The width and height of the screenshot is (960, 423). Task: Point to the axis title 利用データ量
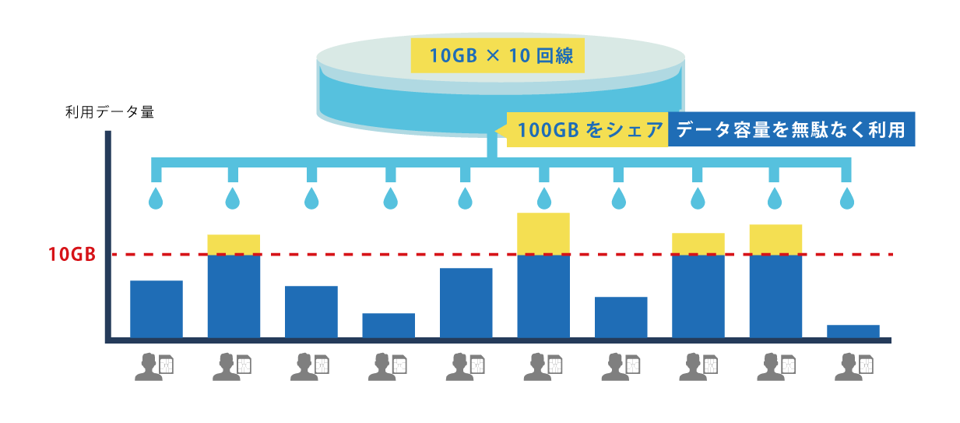[110, 111]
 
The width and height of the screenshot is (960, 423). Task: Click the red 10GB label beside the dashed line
[72, 255]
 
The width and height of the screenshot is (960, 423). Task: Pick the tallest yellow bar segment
[543, 233]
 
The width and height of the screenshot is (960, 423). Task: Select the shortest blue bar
[853, 331]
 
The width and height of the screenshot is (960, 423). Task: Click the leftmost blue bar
[156, 308]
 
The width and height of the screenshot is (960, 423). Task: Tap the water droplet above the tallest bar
[543, 198]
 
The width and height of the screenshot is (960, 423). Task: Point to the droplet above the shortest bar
[846, 198]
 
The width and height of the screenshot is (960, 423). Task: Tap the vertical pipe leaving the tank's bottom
[493, 146]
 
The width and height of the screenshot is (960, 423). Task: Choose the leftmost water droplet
[156, 198]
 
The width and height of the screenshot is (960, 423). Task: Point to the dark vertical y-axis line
[108, 234]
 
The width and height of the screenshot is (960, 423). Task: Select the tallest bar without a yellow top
[466, 302]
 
